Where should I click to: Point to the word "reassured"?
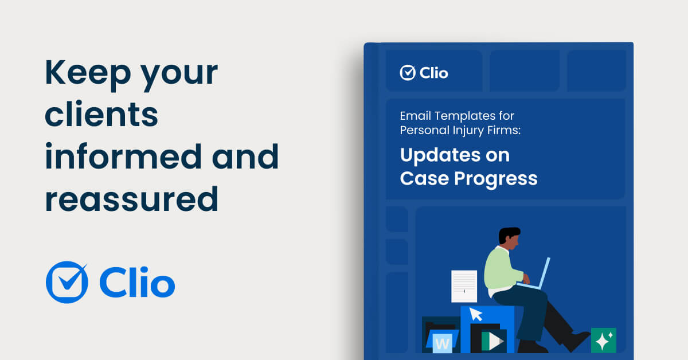(x=131, y=199)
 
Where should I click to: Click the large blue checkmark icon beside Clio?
(x=67, y=281)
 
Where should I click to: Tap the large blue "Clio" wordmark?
(x=137, y=283)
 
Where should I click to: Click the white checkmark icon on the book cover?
(x=408, y=72)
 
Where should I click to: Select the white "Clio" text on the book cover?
(x=434, y=73)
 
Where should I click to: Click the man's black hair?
(x=508, y=234)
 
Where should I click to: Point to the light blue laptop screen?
(x=544, y=270)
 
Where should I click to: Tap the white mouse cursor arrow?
(x=476, y=314)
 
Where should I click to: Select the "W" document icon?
(x=442, y=342)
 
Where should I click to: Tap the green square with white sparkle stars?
(x=603, y=341)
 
